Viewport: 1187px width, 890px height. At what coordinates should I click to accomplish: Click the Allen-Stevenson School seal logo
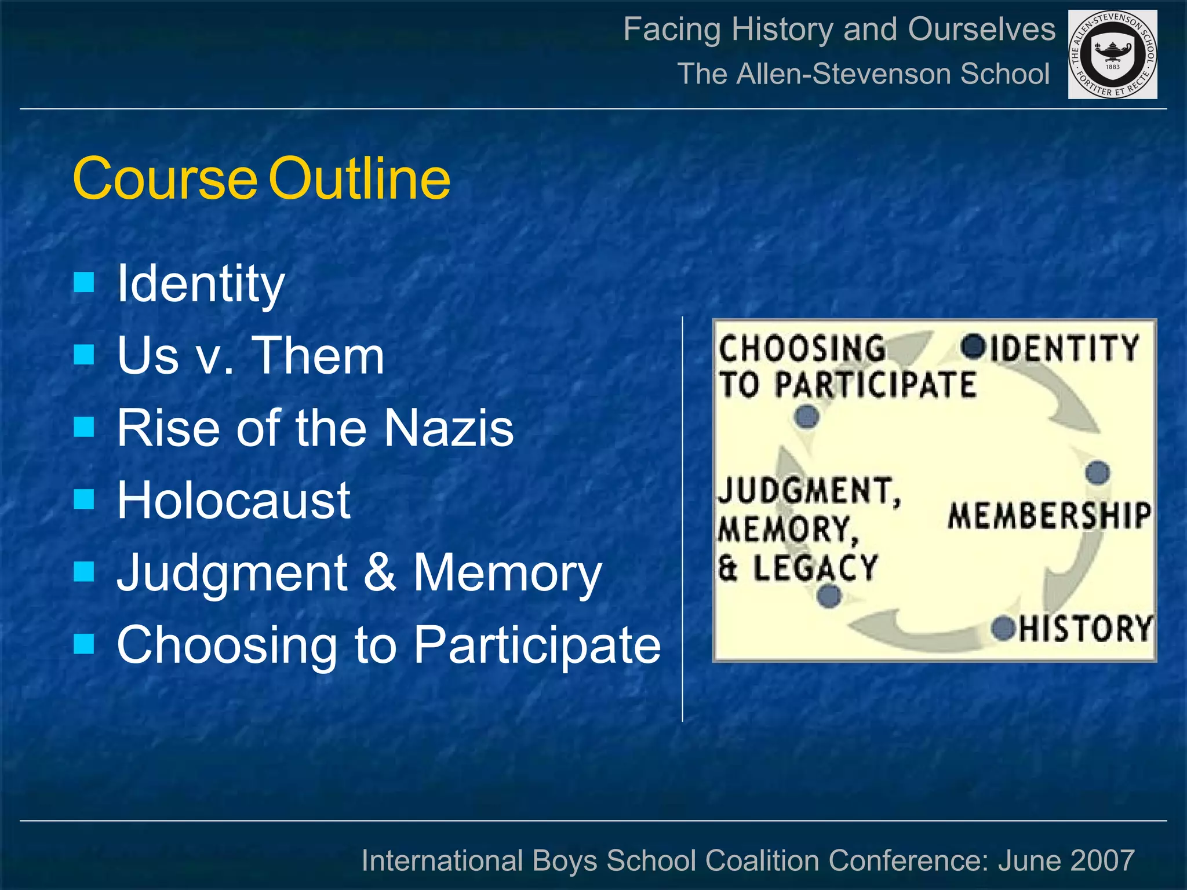point(1112,54)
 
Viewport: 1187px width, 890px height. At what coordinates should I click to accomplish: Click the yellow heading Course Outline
point(261,178)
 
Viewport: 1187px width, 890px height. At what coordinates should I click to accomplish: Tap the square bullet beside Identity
point(85,283)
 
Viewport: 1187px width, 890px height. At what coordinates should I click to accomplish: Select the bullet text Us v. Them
point(250,355)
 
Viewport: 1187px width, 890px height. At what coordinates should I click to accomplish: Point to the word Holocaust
point(234,500)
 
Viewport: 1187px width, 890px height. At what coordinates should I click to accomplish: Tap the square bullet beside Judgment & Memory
point(85,572)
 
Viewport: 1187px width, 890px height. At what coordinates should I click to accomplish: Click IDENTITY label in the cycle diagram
point(1064,348)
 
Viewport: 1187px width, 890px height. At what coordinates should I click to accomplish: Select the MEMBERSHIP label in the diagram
point(1049,516)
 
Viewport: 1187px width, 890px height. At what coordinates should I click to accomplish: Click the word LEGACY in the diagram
point(815,568)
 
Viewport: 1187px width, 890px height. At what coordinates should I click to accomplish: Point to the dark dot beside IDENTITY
point(973,346)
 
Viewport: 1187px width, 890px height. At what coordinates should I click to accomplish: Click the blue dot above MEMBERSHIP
point(1097,473)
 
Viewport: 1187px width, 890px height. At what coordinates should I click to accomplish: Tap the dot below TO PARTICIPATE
point(807,416)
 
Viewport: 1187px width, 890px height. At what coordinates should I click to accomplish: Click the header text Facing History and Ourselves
point(839,29)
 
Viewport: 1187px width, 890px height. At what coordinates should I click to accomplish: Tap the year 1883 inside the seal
point(1113,67)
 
